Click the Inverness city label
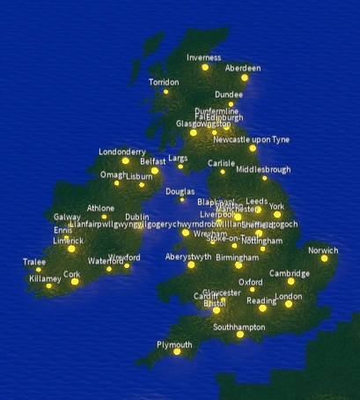click(x=204, y=57)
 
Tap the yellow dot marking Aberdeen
click(x=244, y=78)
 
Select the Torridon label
click(x=164, y=82)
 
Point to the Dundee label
click(x=229, y=94)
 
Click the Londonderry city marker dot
click(x=126, y=161)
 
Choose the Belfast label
click(x=152, y=161)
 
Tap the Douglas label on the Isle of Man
click(x=180, y=190)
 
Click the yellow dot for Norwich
click(x=324, y=258)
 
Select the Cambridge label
click(x=290, y=273)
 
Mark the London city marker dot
click(x=288, y=304)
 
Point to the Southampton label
click(x=239, y=327)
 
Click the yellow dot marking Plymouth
click(x=176, y=352)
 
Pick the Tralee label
click(x=34, y=262)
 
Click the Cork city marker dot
click(x=75, y=282)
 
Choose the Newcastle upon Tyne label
click(x=251, y=139)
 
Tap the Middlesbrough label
click(x=263, y=168)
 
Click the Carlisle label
click(x=222, y=163)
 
